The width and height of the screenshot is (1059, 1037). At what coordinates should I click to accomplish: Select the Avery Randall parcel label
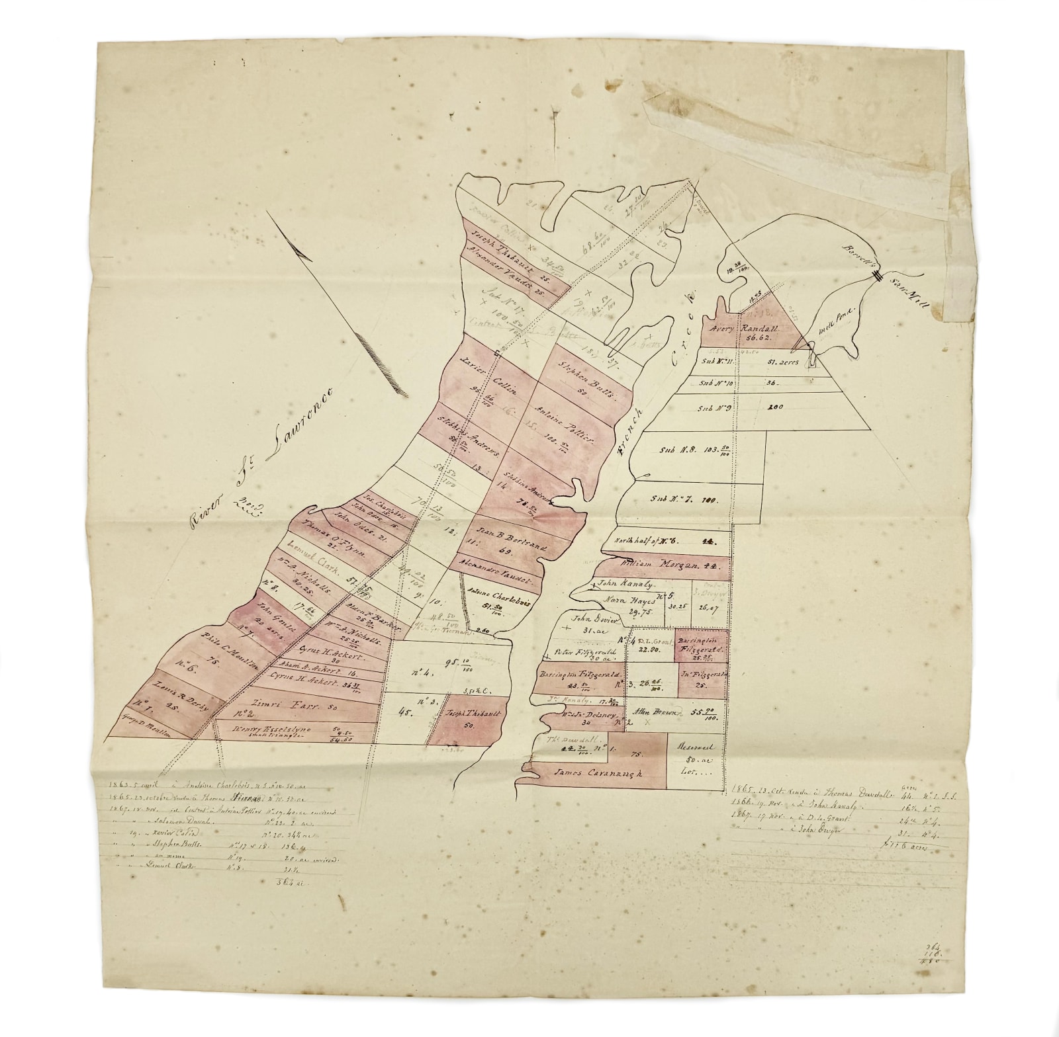(x=750, y=331)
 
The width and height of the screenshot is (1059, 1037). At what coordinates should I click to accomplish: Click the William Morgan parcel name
(x=662, y=564)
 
